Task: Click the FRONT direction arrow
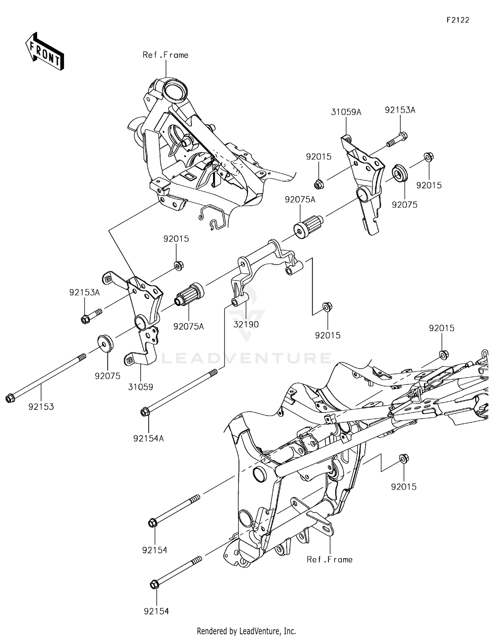[x=45, y=52]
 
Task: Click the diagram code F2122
[x=458, y=20]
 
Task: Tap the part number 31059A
[x=346, y=112]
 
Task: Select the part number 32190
[x=246, y=324]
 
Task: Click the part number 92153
[x=41, y=407]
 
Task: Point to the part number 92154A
[x=149, y=438]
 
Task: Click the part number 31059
[x=140, y=387]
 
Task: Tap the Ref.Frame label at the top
[x=165, y=55]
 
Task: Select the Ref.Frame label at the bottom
[x=329, y=559]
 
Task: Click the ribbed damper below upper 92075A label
[x=308, y=226]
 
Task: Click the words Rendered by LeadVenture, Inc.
[x=246, y=631]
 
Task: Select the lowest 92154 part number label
[x=156, y=611]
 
